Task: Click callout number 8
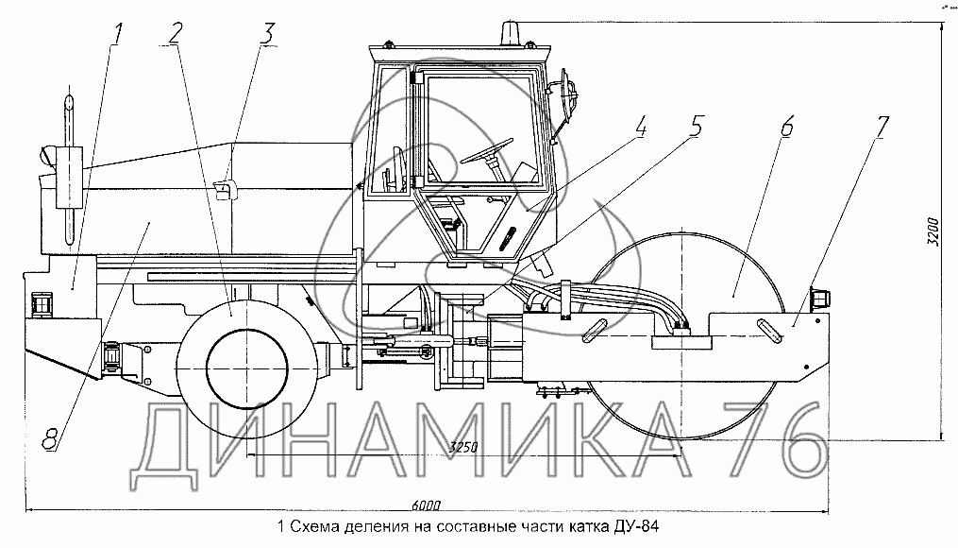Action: tap(50, 436)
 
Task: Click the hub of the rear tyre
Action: tap(244, 359)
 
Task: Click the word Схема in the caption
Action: tap(313, 526)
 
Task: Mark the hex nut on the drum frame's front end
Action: tap(818, 298)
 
